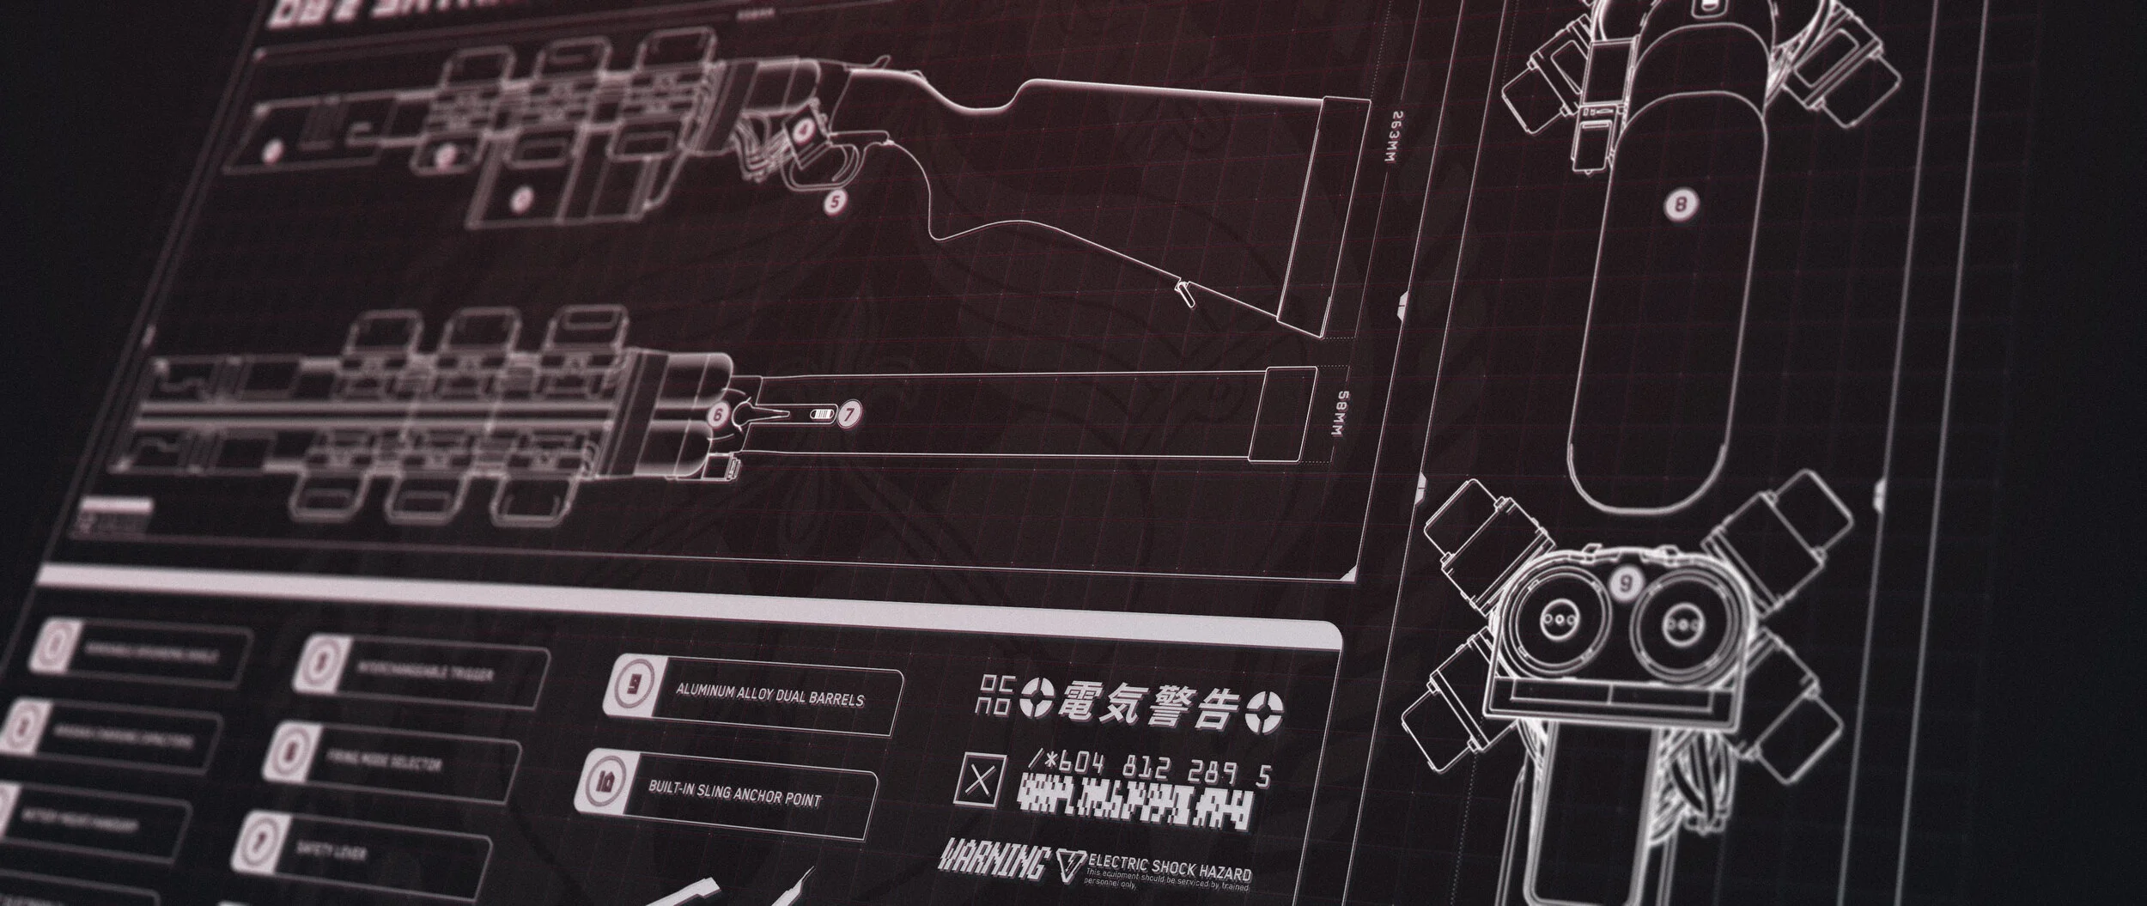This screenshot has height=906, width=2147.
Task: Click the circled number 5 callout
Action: point(835,204)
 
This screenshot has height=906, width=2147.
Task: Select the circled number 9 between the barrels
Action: point(1625,584)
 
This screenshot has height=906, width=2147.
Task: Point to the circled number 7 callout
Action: point(849,414)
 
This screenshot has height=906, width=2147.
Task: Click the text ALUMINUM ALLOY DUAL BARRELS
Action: point(769,695)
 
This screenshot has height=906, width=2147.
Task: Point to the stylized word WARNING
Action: point(994,859)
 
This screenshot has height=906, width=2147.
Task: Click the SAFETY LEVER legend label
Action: point(331,851)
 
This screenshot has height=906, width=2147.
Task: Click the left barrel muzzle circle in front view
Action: point(1554,621)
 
